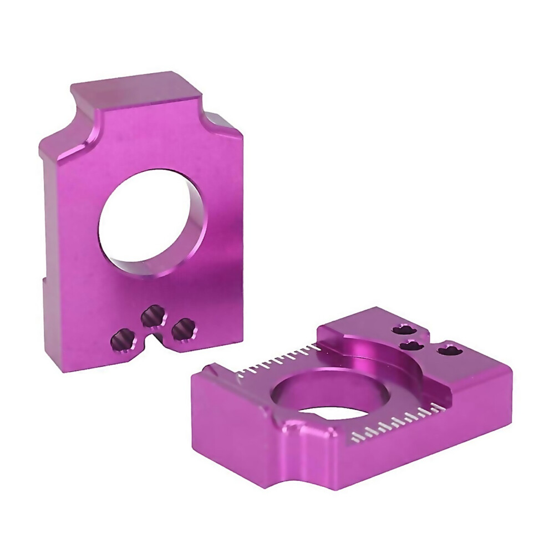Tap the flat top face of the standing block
133,89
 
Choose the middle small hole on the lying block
412,345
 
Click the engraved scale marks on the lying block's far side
277,357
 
